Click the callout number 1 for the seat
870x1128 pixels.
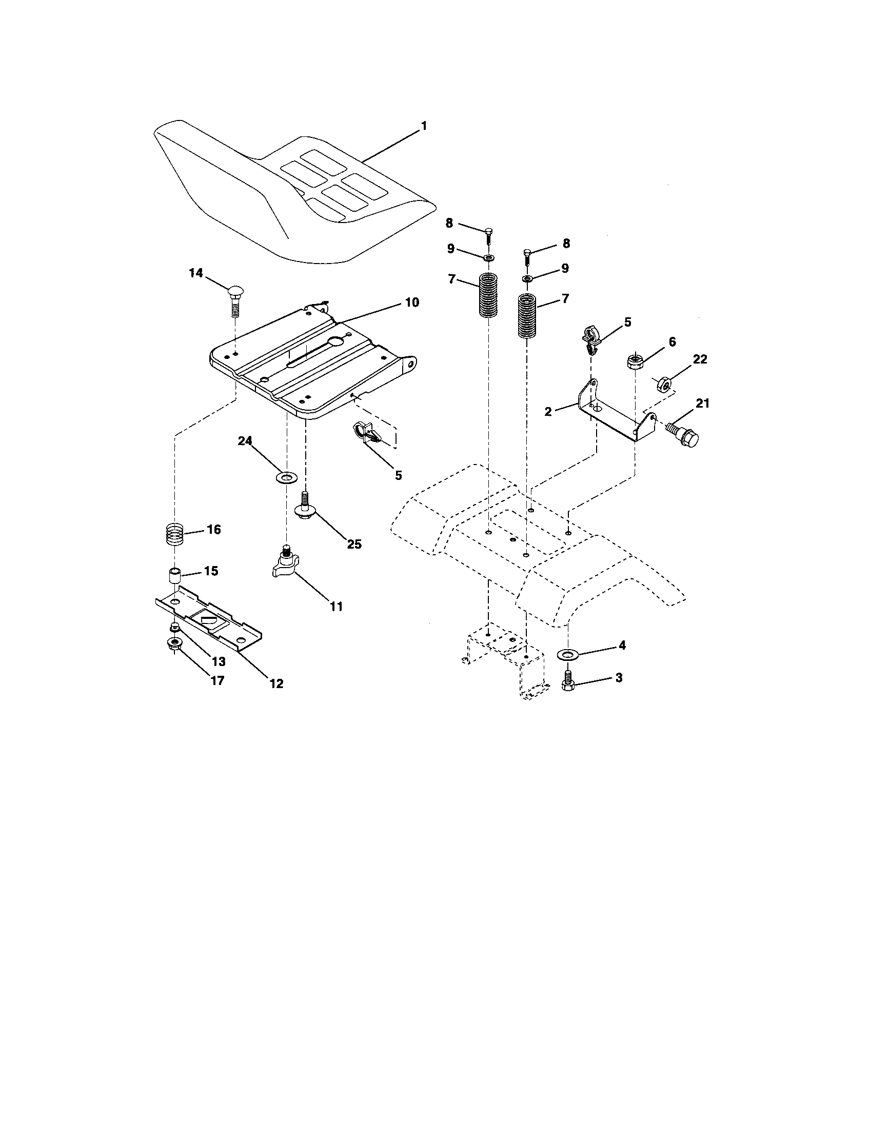point(424,126)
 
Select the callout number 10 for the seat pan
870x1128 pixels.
point(411,302)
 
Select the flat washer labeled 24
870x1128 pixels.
point(286,476)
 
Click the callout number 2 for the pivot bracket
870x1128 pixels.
point(548,412)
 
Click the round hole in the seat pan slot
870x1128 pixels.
point(337,341)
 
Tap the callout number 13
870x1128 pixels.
point(219,661)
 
